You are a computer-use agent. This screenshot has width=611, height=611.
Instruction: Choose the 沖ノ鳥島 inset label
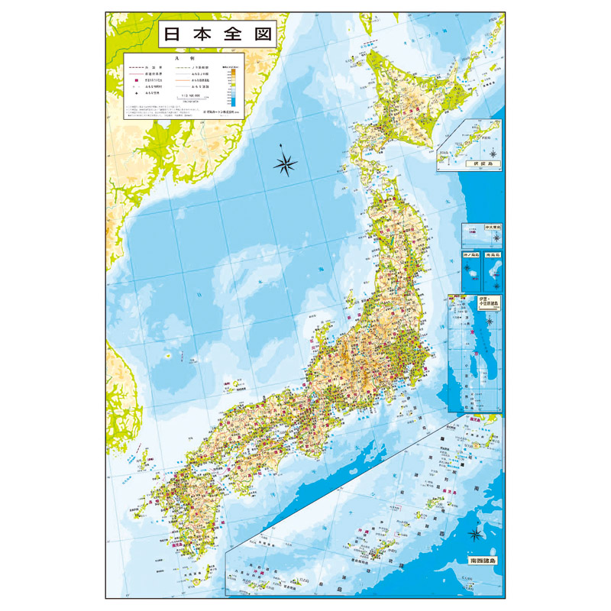470,254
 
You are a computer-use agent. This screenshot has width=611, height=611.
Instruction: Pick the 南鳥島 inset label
493,254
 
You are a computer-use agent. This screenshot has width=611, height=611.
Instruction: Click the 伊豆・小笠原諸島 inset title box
487,301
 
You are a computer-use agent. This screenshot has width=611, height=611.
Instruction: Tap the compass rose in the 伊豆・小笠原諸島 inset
490,319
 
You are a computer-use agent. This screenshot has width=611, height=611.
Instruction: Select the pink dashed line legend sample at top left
137,66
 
